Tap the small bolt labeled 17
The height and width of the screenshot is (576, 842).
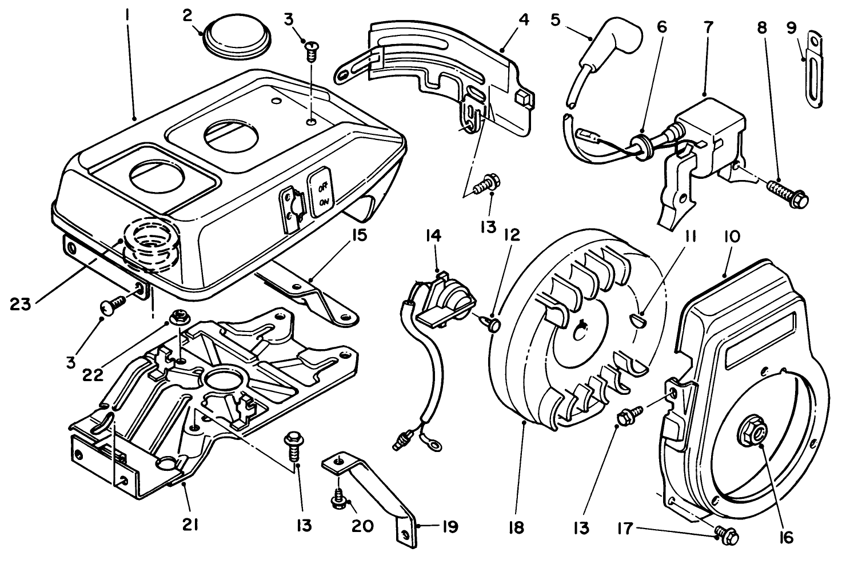[726, 534]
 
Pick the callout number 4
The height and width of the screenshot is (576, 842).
[524, 19]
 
